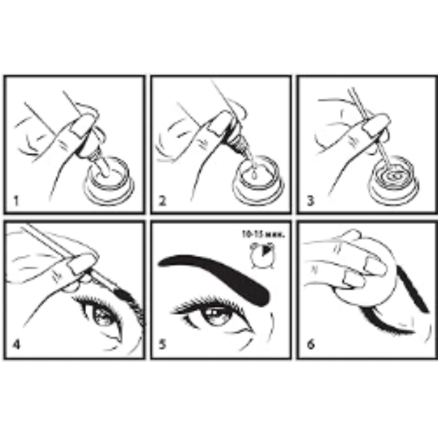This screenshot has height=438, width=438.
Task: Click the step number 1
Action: click(17, 201)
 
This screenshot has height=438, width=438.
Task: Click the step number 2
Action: click(163, 201)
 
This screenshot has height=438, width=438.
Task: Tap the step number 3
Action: click(310, 201)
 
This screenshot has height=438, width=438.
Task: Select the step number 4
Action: click(17, 344)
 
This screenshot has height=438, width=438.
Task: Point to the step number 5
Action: click(163, 344)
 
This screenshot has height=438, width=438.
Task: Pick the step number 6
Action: click(310, 344)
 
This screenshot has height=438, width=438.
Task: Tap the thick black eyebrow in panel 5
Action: click(219, 272)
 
